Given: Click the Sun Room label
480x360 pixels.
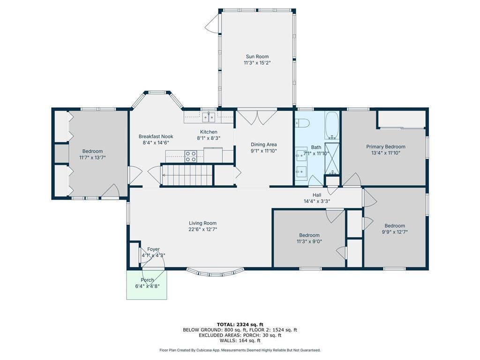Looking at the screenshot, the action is tap(257, 56).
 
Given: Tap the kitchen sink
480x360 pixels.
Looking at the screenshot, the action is tap(209, 117).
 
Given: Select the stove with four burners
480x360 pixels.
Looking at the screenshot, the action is tap(190, 156).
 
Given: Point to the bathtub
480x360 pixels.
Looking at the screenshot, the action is tap(332, 126).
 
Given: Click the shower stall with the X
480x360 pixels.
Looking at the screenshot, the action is tap(332, 158).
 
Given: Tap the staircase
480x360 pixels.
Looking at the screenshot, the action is tap(187, 175).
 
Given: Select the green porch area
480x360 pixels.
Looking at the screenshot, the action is tap(147, 285).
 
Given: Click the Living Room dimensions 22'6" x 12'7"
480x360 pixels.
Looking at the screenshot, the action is tap(203, 229).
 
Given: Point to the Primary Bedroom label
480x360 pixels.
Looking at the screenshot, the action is tap(386, 147).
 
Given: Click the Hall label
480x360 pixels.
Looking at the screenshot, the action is tap(317, 195).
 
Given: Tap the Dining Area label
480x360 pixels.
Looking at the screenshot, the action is tap(263, 144).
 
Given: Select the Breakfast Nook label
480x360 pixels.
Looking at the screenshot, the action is tap(156, 136).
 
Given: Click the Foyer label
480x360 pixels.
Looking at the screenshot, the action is tap(153, 249).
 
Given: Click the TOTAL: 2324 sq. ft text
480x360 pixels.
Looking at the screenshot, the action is tap(240, 324).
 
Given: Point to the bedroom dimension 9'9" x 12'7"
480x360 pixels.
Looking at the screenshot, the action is tap(395, 232).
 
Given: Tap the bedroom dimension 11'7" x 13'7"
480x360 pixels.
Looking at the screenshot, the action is tap(92, 157).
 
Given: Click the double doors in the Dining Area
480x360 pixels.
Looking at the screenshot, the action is tap(257, 117).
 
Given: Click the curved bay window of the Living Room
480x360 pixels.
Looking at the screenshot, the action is tap(215, 272).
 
